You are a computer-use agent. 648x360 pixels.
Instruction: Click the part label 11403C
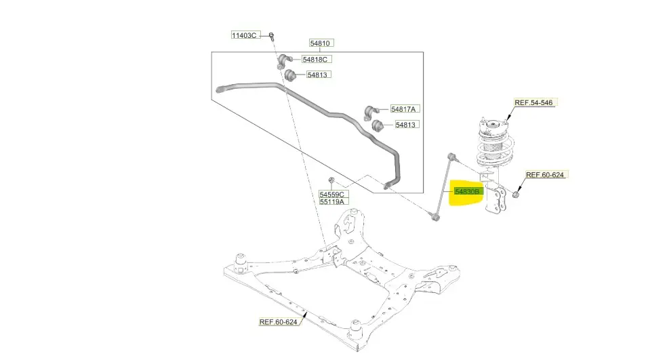pos(245,35)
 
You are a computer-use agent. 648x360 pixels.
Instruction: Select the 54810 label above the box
pos(320,43)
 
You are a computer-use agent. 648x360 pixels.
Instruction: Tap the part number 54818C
pos(314,59)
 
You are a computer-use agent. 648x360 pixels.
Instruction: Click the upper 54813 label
pos(319,75)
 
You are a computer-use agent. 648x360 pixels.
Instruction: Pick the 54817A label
pos(405,108)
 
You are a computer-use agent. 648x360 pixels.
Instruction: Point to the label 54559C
pos(332,194)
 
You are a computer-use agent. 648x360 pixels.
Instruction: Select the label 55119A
pos(332,201)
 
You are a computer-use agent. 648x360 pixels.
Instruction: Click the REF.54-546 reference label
pos(533,103)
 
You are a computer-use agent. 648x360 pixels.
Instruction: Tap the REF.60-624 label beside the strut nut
pos(545,175)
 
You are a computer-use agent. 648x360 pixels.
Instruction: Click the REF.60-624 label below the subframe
pos(279,322)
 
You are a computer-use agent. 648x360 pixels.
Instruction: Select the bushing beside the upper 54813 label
pos(289,75)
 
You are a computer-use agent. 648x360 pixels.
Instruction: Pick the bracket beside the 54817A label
pos(370,109)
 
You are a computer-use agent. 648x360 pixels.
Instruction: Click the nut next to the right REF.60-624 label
pos(517,195)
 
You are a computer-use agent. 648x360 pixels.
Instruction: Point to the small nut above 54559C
pos(331,180)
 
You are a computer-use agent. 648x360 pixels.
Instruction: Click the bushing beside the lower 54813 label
pos(378,125)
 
